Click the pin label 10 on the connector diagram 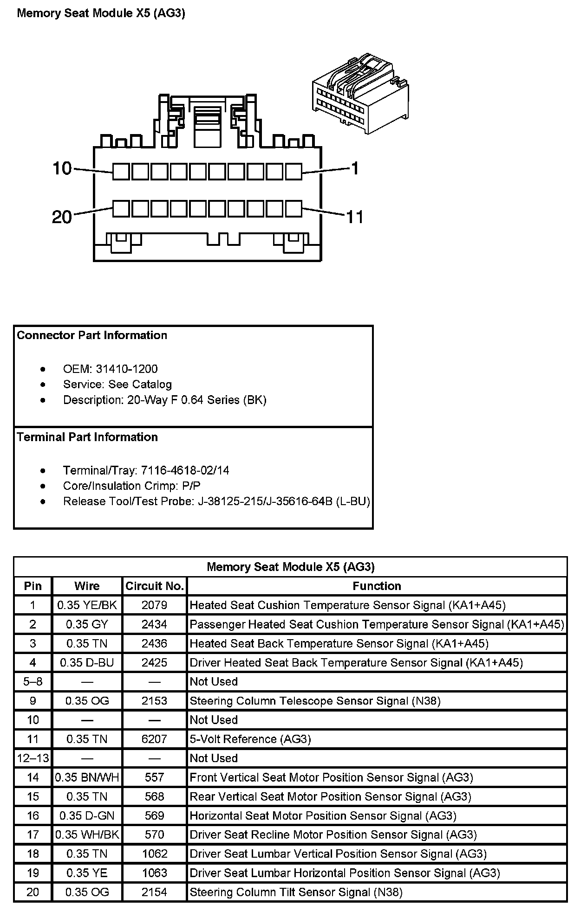(62, 168)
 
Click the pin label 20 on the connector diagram (62, 217)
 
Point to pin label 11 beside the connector (355, 217)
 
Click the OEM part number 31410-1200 (126, 369)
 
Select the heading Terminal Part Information (87, 437)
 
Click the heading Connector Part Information (92, 335)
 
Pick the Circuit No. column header (155, 586)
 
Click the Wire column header (87, 586)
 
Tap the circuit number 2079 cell (154, 605)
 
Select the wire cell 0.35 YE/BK (87, 605)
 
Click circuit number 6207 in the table (154, 739)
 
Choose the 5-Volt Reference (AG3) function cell (250, 739)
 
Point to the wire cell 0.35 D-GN (87, 815)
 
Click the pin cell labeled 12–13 (33, 758)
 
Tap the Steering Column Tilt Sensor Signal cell (296, 892)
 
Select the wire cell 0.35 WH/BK (87, 834)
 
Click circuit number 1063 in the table (154, 873)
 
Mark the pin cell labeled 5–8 (33, 681)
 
